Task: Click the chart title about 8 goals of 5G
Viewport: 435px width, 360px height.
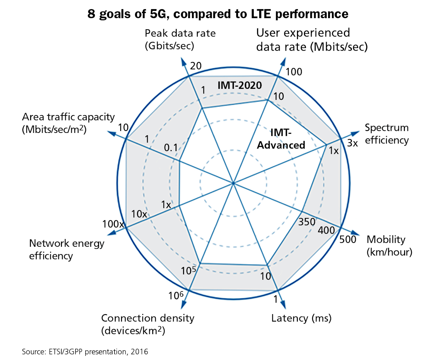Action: point(217,14)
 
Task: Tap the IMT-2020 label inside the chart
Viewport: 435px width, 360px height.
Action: point(240,85)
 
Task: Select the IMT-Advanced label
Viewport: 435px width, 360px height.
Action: point(281,139)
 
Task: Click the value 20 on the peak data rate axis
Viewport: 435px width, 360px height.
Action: point(196,66)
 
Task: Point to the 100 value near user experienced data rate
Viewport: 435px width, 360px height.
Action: point(294,72)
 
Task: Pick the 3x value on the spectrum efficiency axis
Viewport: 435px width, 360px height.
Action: point(352,143)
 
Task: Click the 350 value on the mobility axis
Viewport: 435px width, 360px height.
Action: point(307,222)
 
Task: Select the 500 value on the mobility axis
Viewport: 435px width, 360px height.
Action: point(348,239)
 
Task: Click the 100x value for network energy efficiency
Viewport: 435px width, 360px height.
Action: point(113,224)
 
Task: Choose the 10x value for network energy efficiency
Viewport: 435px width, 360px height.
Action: point(139,214)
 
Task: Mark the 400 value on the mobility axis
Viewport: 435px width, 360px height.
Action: point(326,230)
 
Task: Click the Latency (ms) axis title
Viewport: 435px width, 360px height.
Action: point(301,318)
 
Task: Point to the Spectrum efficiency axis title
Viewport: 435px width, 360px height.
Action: point(387,134)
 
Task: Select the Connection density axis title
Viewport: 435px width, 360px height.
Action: point(147,324)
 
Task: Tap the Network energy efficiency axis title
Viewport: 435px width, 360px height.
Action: point(66,249)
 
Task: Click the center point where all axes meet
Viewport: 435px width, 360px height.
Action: point(233,183)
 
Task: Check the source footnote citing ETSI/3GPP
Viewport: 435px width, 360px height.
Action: point(85,352)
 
